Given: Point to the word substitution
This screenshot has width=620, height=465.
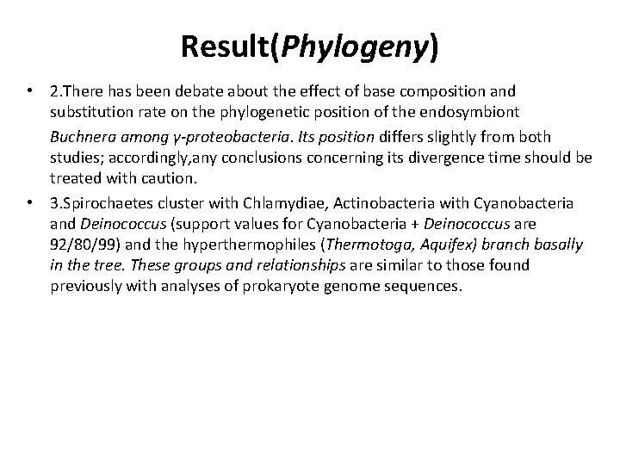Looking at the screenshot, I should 90,115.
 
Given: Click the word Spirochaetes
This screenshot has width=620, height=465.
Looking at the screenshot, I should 107,203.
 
